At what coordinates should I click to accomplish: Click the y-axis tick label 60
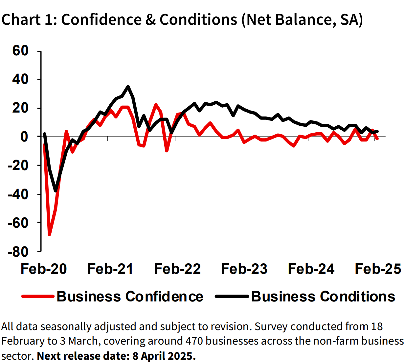pyautogui.click(x=20, y=51)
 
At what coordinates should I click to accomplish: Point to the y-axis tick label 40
pyautogui.click(x=20, y=79)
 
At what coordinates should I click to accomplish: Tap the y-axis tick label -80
pyautogui.click(x=18, y=252)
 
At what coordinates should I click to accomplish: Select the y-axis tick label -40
pyautogui.click(x=18, y=194)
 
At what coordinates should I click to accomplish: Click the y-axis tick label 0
pyautogui.click(x=24, y=137)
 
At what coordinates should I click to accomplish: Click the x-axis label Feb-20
pyautogui.click(x=44, y=269)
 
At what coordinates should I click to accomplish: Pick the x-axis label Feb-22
pyautogui.click(x=177, y=269)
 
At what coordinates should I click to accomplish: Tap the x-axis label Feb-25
pyautogui.click(x=378, y=269)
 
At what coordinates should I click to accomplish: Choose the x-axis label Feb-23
pyautogui.click(x=244, y=269)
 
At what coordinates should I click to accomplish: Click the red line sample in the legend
pyautogui.click(x=38, y=297)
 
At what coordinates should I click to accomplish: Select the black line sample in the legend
pyautogui.click(x=232, y=297)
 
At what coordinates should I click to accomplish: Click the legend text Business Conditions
pyautogui.click(x=323, y=297)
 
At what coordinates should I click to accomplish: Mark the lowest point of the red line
pyautogui.click(x=50, y=234)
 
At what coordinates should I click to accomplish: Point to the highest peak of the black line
pyautogui.click(x=128, y=87)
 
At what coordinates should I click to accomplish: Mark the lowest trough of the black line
pyautogui.click(x=56, y=191)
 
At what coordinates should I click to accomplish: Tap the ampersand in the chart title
pyautogui.click(x=150, y=20)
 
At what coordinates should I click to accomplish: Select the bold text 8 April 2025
pyautogui.click(x=164, y=356)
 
